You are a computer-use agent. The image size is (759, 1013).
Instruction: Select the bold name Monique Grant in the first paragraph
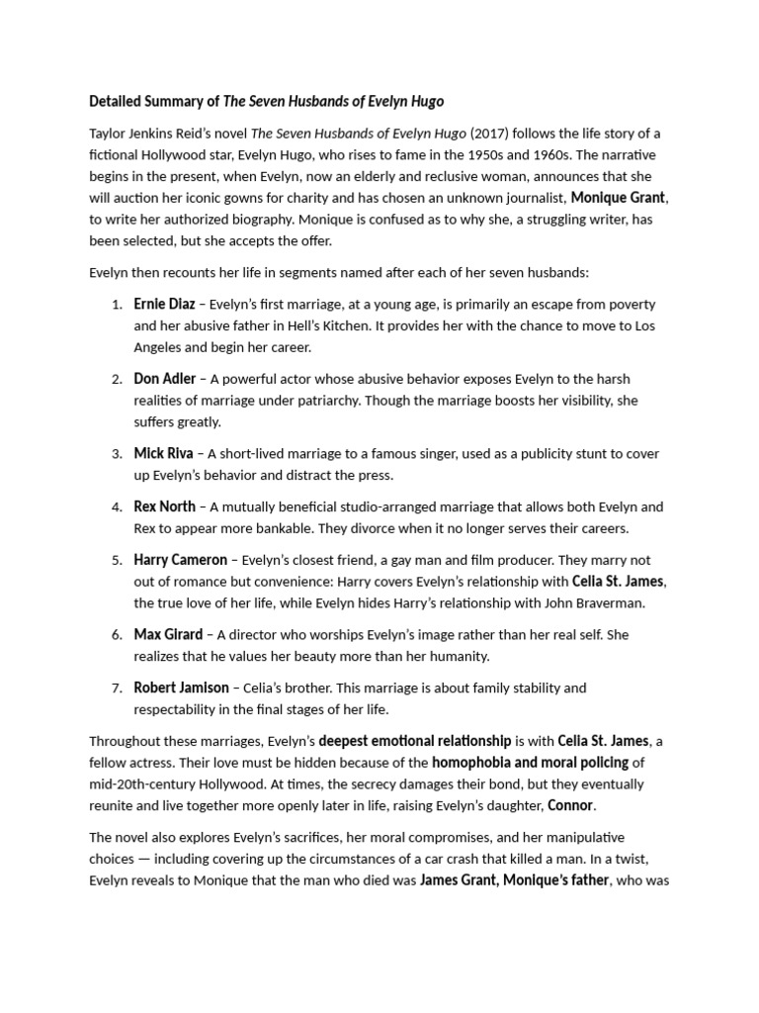(x=619, y=197)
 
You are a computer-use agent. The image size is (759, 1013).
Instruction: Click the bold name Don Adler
(x=165, y=379)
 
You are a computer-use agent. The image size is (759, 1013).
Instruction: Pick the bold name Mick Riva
(x=164, y=454)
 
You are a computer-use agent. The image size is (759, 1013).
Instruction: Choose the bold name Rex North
(x=165, y=506)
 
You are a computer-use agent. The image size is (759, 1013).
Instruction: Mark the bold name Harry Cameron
(x=181, y=560)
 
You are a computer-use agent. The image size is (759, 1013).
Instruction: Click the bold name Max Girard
(x=168, y=634)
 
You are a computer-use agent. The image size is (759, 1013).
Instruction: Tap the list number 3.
(x=117, y=454)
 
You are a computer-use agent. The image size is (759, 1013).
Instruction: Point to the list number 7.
(x=117, y=688)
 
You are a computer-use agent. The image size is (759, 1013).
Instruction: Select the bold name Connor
(x=570, y=804)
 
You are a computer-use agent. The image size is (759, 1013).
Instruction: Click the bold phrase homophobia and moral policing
(x=531, y=762)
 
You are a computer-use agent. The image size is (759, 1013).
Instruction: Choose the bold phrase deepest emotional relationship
(x=415, y=740)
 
